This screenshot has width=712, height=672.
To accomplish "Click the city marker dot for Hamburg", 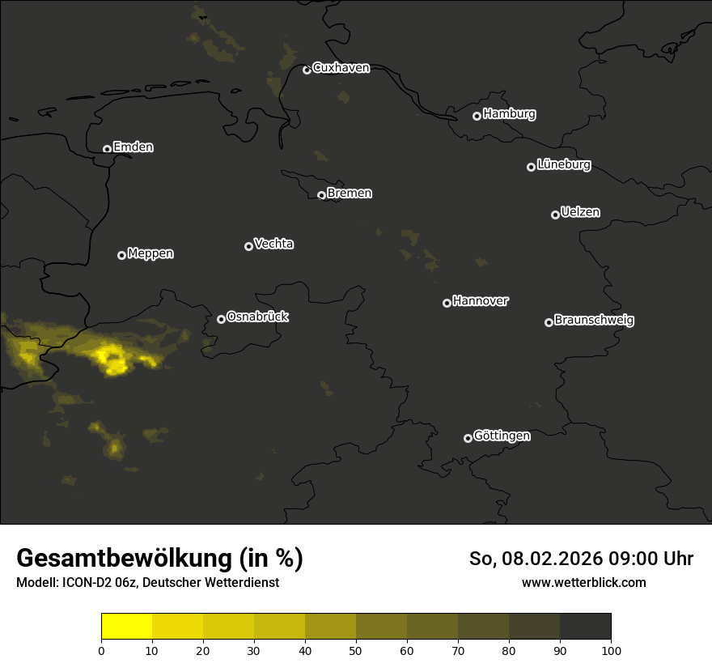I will pos(477,116).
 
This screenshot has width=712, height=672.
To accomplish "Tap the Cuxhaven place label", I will pos(341,68).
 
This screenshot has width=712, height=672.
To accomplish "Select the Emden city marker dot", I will pos(107,149).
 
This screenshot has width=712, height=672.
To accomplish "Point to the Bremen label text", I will pos(350,194).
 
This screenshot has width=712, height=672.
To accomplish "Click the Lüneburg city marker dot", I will pos(531,167).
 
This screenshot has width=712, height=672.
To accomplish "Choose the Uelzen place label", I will pos(580,212).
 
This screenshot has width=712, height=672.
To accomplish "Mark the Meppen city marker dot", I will pos(121,255).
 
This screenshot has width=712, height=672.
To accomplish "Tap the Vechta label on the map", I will pos(273,244).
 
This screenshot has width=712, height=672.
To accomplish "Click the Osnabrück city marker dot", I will pos(221,319).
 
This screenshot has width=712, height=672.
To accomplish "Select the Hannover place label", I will pos(481,301).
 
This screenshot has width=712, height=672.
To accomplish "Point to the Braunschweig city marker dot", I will pos(549,322).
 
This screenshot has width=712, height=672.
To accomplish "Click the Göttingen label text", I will pos(502,436).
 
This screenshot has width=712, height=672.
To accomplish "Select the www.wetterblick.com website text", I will pos(583,582).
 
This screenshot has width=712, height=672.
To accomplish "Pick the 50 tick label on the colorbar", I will pos(356,650).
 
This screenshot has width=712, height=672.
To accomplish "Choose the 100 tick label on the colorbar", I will pos(611,650).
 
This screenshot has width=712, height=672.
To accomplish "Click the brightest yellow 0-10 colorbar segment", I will pos(127,627).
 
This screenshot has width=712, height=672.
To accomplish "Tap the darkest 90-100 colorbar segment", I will pos(585,627).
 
